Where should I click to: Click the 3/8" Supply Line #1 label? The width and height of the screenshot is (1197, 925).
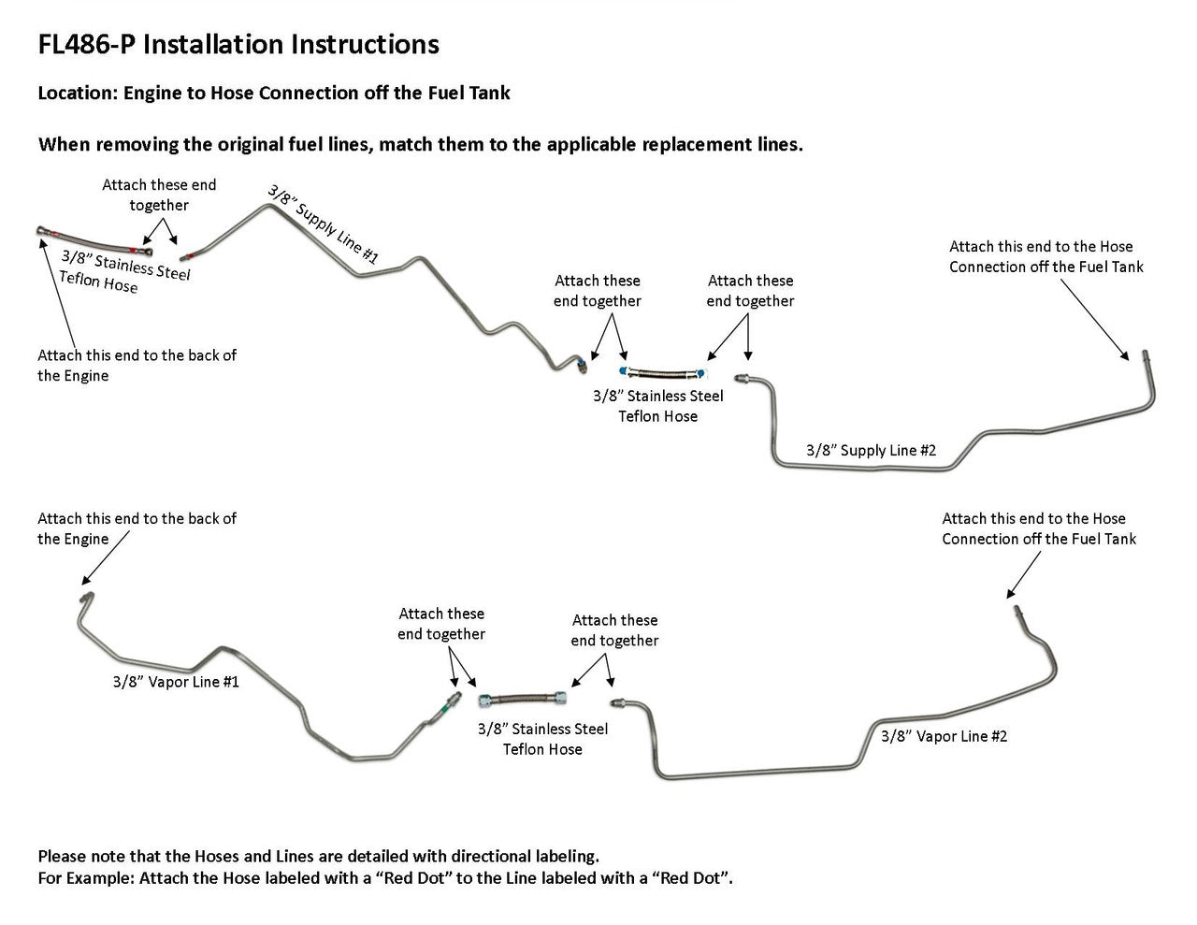click(324, 224)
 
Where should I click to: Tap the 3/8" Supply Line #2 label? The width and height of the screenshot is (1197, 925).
click(871, 450)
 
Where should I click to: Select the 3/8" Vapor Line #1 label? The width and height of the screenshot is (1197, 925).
click(176, 682)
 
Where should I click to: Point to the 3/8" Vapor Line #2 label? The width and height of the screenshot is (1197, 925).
click(945, 736)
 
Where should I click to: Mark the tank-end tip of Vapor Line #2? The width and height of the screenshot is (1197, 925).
click(1016, 610)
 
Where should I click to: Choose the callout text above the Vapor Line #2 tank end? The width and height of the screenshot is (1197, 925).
click(1038, 528)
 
